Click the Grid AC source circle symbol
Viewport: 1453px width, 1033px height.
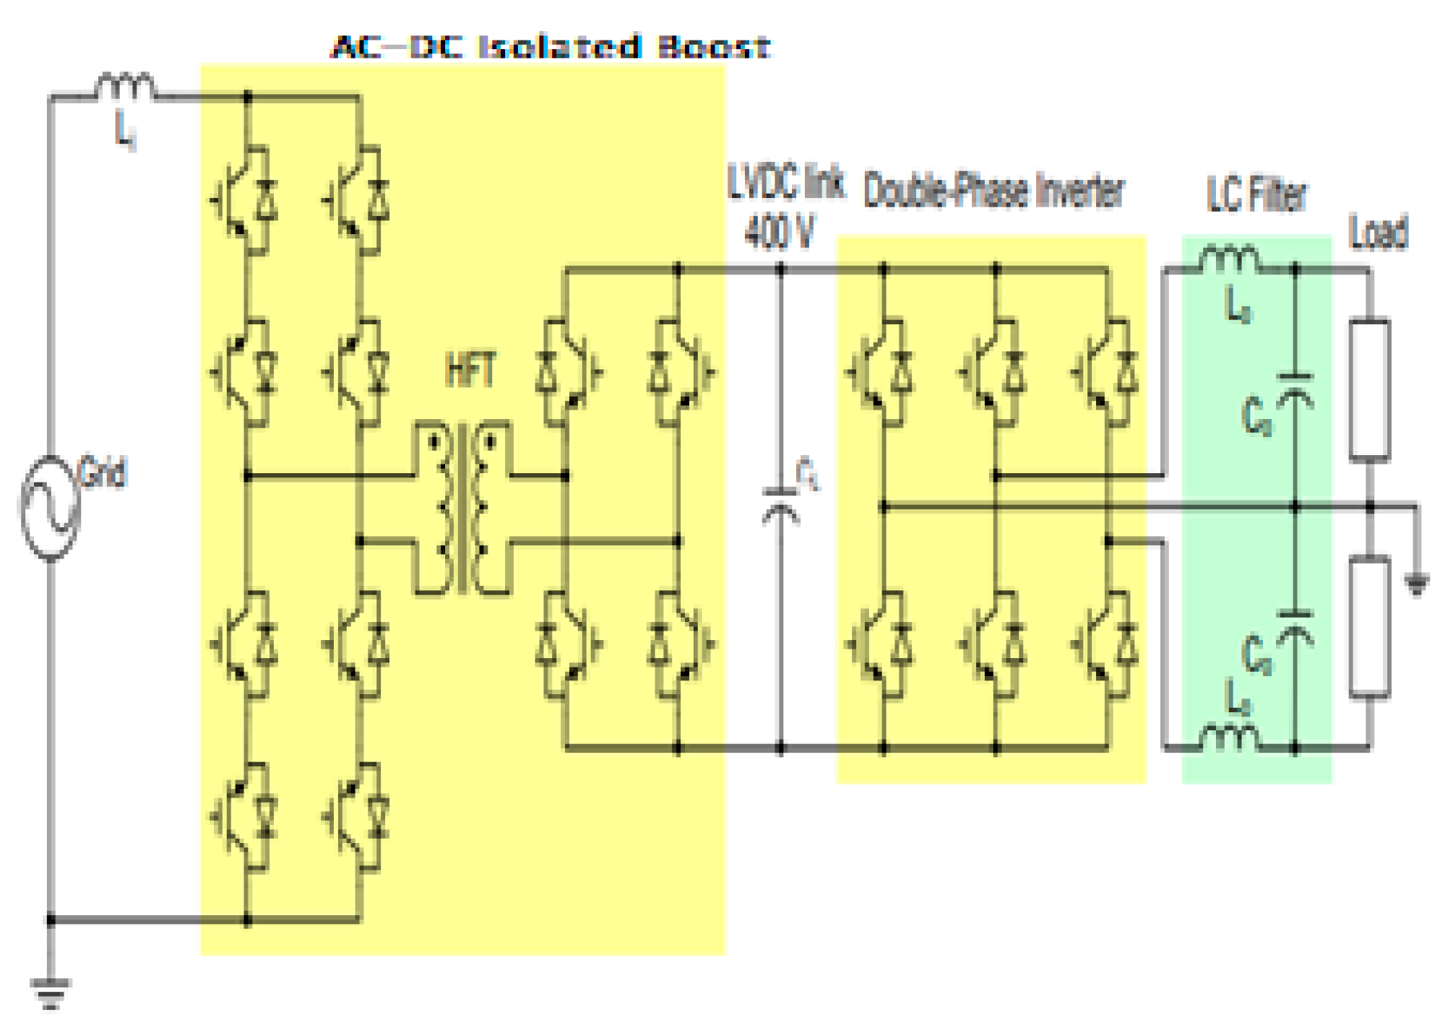49,507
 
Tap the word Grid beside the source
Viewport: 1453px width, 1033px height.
103,473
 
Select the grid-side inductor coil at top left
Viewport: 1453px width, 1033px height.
125,86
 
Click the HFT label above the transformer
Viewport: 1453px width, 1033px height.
471,371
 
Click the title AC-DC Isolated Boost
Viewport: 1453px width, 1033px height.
551,47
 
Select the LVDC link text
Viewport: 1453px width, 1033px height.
786,182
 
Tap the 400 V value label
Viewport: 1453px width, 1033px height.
779,233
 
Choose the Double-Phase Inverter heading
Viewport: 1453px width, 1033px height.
993,191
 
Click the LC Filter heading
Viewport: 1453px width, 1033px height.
1256,194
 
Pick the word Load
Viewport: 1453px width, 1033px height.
1379,233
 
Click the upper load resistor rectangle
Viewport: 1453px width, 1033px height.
1369,390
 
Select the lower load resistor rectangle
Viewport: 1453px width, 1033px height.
1369,627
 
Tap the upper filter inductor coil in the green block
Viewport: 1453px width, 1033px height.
1229,260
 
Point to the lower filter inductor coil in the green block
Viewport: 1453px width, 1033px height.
1229,738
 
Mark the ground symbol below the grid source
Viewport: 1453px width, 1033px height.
51,992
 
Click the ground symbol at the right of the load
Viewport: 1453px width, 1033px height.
1416,583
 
